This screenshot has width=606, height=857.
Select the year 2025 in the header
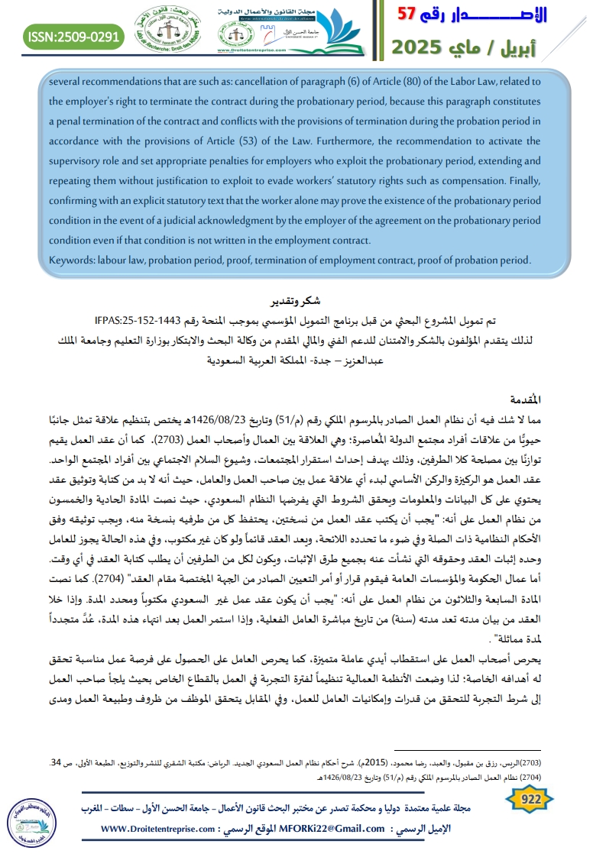(421, 47)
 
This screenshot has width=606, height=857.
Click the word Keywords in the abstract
(71, 259)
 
